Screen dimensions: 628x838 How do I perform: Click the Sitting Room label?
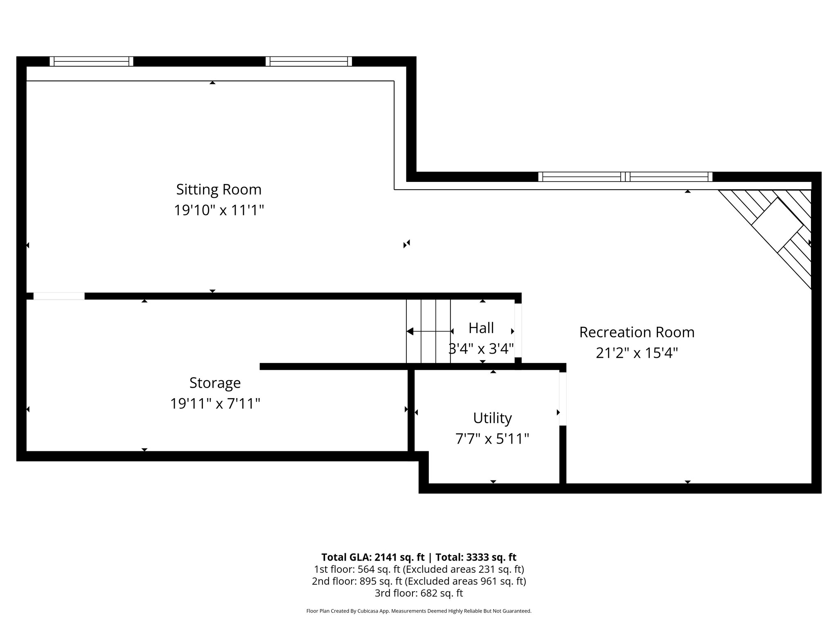pyautogui.click(x=219, y=190)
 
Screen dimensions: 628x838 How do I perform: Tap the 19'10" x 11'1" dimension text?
pyautogui.click(x=219, y=211)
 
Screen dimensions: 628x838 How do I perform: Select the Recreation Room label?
pyautogui.click(x=637, y=332)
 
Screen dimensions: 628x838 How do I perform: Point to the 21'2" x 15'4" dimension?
pyautogui.click(x=637, y=353)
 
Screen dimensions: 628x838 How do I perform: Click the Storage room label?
pyautogui.click(x=215, y=383)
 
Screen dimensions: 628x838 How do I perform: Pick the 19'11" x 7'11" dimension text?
pyautogui.click(x=215, y=404)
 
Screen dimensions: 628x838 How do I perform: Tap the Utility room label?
pyautogui.click(x=492, y=418)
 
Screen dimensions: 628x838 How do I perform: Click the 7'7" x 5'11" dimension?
pyautogui.click(x=492, y=439)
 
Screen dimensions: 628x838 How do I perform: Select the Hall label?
pyautogui.click(x=481, y=328)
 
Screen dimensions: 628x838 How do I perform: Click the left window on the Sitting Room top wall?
pyautogui.click(x=91, y=61)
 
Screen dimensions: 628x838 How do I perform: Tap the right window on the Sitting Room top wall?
pyautogui.click(x=309, y=61)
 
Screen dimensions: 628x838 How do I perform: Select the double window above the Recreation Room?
pyautogui.click(x=625, y=177)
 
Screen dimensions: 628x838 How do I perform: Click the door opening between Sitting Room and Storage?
pyautogui.click(x=59, y=296)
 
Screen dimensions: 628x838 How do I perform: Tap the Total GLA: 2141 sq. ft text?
pyautogui.click(x=374, y=557)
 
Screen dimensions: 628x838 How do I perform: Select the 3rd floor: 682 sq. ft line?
pyautogui.click(x=419, y=593)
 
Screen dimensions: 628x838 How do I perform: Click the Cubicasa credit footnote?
pyautogui.click(x=419, y=611)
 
